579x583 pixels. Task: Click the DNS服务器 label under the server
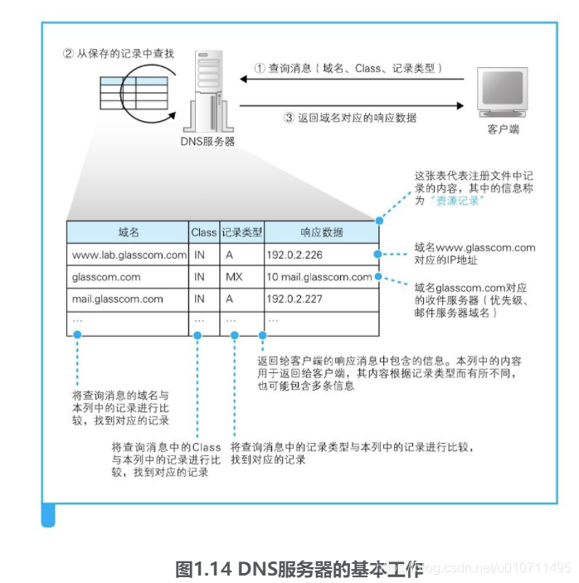click(x=207, y=141)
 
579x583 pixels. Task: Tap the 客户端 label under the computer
click(x=504, y=130)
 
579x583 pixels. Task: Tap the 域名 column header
click(x=129, y=233)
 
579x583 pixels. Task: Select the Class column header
click(x=203, y=233)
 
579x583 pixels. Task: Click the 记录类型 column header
click(x=241, y=233)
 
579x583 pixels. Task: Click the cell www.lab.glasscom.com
click(x=129, y=255)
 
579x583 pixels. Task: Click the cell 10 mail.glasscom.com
click(x=320, y=277)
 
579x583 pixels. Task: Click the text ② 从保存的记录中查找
click(x=119, y=53)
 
